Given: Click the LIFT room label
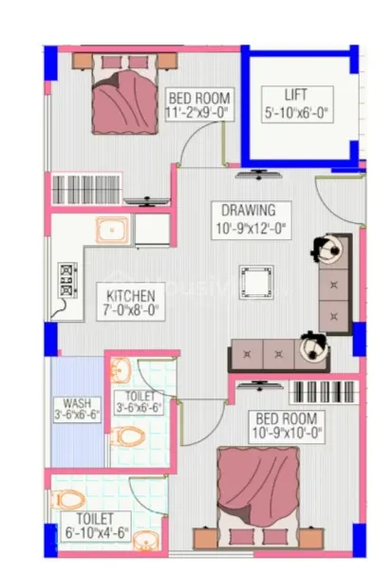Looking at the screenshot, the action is (x=295, y=95).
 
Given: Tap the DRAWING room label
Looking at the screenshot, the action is (x=249, y=210).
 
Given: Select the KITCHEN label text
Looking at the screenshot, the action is (x=131, y=296).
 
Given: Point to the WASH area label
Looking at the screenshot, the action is (x=77, y=403).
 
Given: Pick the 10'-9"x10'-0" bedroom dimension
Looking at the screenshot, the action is (x=287, y=433).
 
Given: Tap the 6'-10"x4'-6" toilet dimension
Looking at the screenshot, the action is (x=97, y=533).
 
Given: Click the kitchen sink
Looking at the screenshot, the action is (x=113, y=230).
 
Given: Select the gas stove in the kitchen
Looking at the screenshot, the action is (x=67, y=280).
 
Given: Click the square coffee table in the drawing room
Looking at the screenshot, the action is (x=256, y=283).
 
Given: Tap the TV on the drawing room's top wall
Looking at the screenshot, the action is (x=259, y=175).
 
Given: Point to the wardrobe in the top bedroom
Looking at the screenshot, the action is (x=86, y=190).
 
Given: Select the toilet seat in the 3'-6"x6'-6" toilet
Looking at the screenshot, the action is (x=128, y=436).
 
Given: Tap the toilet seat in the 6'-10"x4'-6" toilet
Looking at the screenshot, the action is (x=68, y=499).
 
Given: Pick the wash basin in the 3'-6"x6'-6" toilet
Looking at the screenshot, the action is (x=121, y=371).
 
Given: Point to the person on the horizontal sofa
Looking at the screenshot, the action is (x=313, y=346).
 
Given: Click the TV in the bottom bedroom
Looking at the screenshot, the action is (x=260, y=386).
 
